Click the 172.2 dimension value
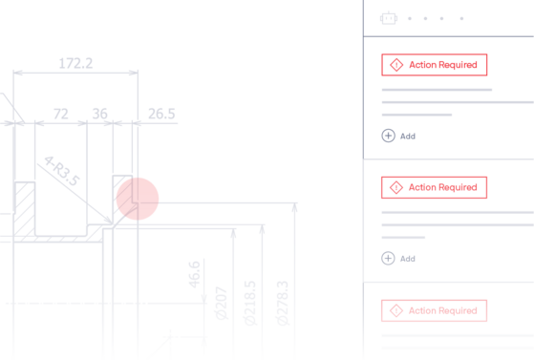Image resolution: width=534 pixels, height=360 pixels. click(x=75, y=63)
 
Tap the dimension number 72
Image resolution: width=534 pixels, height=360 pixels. click(x=60, y=114)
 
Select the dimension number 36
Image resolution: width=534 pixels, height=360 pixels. click(x=99, y=114)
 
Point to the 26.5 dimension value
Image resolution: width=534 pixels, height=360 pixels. click(x=161, y=114)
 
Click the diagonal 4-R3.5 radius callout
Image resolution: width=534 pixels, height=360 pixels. click(x=62, y=171)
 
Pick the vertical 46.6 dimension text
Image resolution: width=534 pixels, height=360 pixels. click(x=194, y=274)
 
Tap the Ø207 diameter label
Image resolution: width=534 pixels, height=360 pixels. click(x=222, y=303)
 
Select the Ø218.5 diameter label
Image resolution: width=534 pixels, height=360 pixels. click(x=249, y=303)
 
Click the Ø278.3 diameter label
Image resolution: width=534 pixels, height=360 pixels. click(x=283, y=303)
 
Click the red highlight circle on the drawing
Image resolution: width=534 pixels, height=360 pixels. click(x=138, y=199)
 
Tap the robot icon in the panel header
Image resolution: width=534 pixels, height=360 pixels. click(x=389, y=18)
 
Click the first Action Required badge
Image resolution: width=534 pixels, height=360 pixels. click(x=435, y=65)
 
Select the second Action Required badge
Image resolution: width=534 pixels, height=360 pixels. click(x=435, y=187)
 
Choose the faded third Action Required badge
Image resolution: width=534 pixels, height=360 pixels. click(x=435, y=310)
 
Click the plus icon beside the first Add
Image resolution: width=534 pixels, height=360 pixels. click(x=388, y=136)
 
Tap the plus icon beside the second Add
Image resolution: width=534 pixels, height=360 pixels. click(x=388, y=258)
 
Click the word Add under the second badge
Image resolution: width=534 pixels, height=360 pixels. click(x=408, y=259)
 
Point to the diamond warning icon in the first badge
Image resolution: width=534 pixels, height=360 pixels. click(x=396, y=65)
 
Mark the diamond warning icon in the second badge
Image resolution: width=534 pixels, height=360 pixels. click(x=396, y=187)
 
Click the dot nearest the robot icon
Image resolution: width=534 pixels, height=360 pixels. click(x=410, y=19)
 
